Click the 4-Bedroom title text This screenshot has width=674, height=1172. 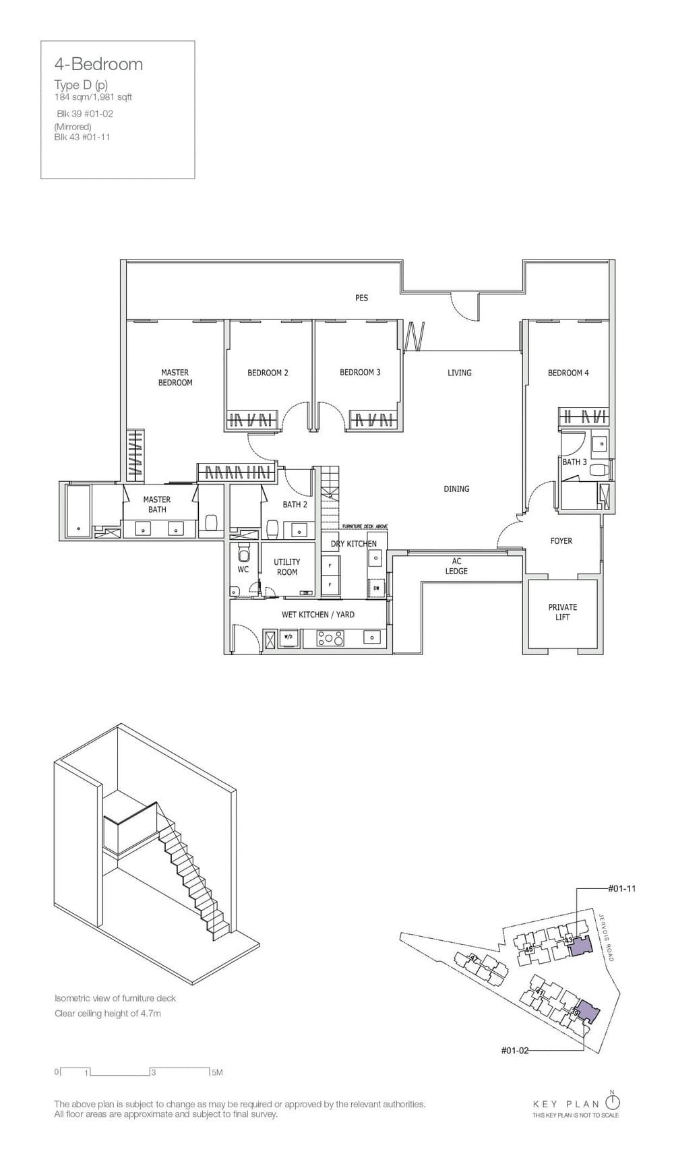click(98, 64)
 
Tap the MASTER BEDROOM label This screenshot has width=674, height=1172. click(175, 377)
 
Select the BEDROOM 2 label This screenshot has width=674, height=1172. click(268, 373)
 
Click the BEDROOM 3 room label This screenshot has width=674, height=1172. click(360, 372)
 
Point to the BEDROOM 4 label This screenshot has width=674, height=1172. click(568, 373)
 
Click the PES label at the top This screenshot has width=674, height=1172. click(362, 298)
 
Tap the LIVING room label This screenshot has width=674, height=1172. click(460, 373)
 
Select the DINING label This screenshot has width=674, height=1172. click(456, 489)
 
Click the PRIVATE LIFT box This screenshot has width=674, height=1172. click(563, 612)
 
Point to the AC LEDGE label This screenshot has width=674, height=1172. click(456, 566)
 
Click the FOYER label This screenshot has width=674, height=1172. click(561, 541)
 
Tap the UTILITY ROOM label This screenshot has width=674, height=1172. click(287, 567)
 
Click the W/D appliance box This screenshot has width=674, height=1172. click(288, 637)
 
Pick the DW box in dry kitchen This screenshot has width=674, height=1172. click(376, 588)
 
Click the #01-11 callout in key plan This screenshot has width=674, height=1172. click(621, 888)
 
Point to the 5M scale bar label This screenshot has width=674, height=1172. click(216, 1072)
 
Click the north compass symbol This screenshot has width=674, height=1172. click(613, 1102)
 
